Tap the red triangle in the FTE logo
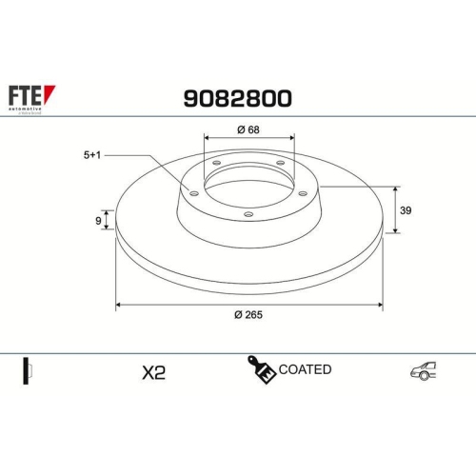[51, 92]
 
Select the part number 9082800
[237, 98]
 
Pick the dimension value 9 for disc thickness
[99, 221]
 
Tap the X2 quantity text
[152, 371]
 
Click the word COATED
[306, 369]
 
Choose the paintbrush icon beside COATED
[263, 369]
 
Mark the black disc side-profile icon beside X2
[29, 370]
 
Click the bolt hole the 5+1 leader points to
[195, 194]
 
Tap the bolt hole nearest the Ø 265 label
[248, 214]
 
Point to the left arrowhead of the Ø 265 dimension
[119, 306]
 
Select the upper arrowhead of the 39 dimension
[396, 187]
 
